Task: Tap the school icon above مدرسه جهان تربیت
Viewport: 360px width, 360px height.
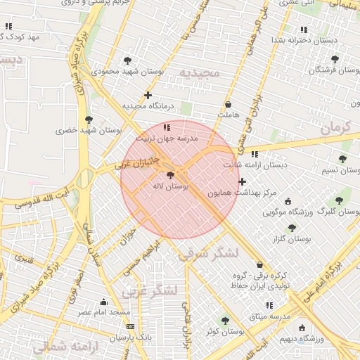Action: tap(167, 127)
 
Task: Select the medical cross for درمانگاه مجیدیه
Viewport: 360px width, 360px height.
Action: tap(148, 95)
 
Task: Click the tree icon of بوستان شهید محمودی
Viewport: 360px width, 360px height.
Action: tap(127, 60)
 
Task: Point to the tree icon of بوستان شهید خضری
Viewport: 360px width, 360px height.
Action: tap(89, 120)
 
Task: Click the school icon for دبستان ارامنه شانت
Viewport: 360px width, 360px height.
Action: tap(255, 154)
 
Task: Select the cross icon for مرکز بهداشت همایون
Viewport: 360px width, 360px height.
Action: tap(243, 181)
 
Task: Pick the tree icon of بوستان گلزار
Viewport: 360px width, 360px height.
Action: tap(292, 228)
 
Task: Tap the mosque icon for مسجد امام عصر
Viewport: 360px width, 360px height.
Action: tap(104, 301)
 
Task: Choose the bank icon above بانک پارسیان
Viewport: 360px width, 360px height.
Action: tap(130, 327)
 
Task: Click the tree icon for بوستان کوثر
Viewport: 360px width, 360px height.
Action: tap(225, 321)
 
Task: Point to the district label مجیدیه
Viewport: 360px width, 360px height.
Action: tap(199, 72)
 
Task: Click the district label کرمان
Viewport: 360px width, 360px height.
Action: tap(334, 127)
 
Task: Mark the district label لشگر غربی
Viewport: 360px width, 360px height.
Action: tap(150, 289)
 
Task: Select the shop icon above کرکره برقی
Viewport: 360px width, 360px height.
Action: tap(261, 265)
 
